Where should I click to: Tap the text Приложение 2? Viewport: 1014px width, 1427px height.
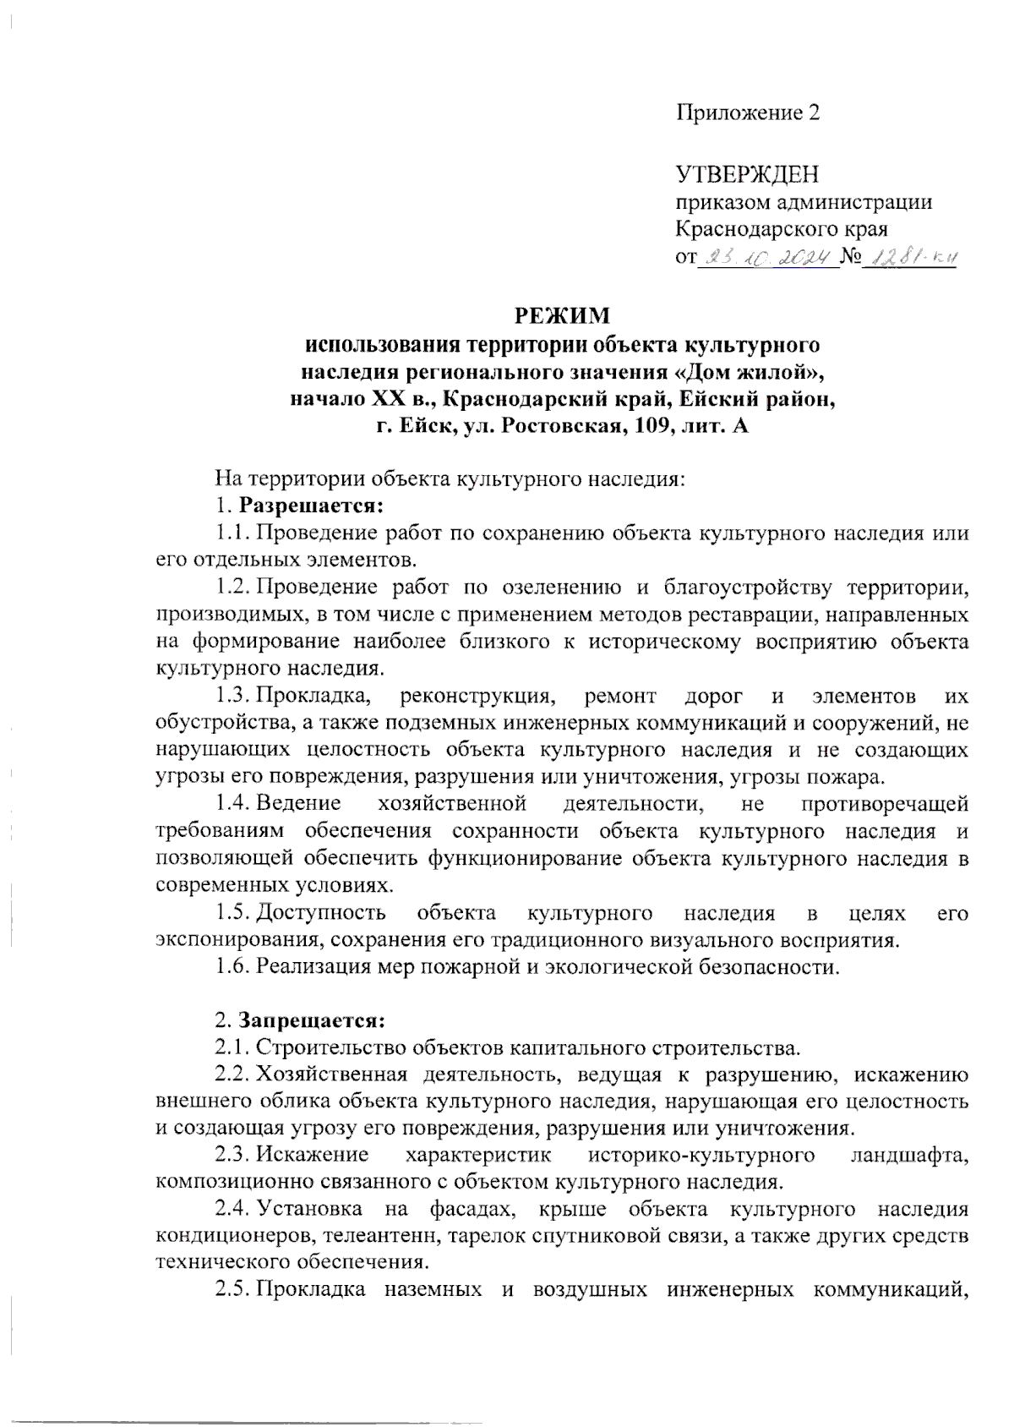(x=748, y=112)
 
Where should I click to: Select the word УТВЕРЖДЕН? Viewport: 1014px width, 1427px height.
(x=747, y=175)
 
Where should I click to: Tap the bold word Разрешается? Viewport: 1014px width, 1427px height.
(x=311, y=506)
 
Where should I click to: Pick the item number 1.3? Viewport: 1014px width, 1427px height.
(x=232, y=697)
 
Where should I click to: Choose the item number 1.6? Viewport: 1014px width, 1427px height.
(x=232, y=966)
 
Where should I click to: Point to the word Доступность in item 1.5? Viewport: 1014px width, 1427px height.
(x=321, y=913)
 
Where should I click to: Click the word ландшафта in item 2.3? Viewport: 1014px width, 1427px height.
(x=909, y=1155)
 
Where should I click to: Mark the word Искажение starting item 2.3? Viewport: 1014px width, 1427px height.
(x=313, y=1155)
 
